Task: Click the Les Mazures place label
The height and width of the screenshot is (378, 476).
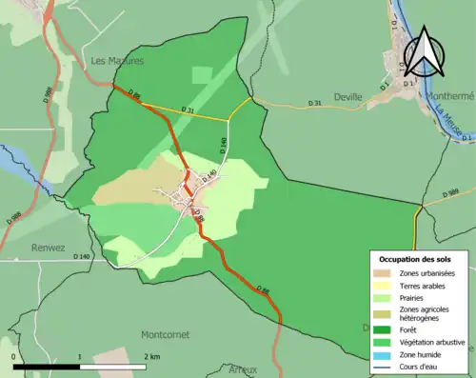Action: click(x=117, y=60)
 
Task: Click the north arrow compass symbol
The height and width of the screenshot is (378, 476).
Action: click(x=426, y=54)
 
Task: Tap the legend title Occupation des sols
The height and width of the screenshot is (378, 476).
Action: click(x=415, y=259)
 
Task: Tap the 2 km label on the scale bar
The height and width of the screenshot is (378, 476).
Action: click(x=151, y=356)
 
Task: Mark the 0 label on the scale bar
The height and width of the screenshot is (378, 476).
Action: click(x=15, y=356)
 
